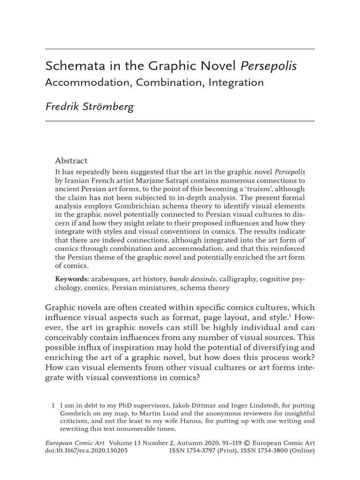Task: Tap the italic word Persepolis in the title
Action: pyautogui.click(x=269, y=66)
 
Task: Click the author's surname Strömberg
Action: pyautogui.click(x=111, y=106)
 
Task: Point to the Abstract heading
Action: pyautogui.click(x=71, y=160)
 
